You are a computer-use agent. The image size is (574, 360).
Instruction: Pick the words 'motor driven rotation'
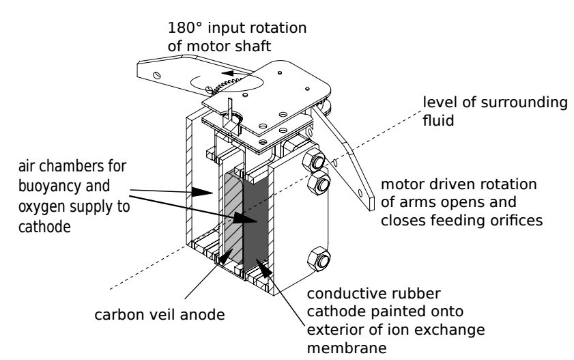click(x=459, y=186)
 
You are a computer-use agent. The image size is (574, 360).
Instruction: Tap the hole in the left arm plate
click(x=158, y=74)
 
